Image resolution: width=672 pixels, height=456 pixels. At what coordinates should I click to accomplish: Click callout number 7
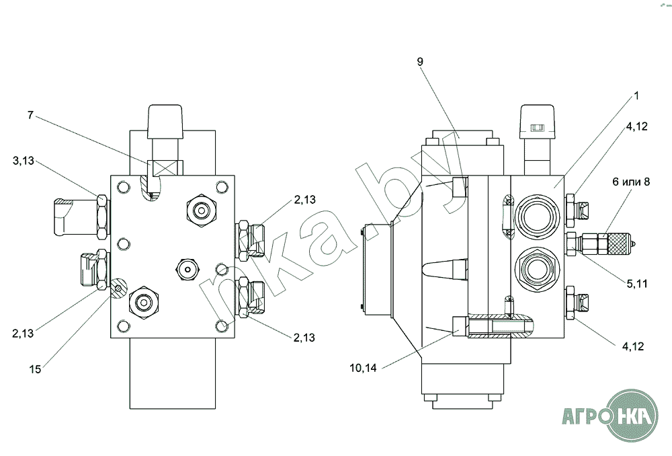click(30, 116)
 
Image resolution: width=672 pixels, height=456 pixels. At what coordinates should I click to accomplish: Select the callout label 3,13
click(23, 161)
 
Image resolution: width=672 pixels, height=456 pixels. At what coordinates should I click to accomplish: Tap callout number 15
click(35, 369)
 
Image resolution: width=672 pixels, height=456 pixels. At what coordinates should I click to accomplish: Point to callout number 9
click(420, 62)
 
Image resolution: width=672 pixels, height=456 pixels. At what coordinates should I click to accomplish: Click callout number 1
click(636, 96)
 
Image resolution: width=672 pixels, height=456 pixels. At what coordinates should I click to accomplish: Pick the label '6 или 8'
click(631, 182)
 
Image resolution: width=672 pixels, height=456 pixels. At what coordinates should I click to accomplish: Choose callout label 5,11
click(637, 284)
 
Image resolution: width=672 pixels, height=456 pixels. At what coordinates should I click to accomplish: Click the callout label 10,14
click(363, 368)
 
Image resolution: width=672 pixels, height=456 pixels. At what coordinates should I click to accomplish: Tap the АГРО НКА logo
click(610, 416)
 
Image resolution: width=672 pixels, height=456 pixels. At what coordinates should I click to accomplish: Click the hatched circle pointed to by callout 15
click(118, 288)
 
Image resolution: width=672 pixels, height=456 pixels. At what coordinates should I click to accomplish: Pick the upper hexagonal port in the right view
click(537, 215)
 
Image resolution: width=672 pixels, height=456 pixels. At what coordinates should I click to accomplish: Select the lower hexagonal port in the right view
click(537, 270)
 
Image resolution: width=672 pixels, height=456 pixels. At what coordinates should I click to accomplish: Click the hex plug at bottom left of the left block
click(144, 303)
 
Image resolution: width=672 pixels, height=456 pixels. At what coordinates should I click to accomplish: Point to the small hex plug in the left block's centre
click(188, 269)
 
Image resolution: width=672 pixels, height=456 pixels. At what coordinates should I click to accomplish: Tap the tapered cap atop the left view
click(165, 122)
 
